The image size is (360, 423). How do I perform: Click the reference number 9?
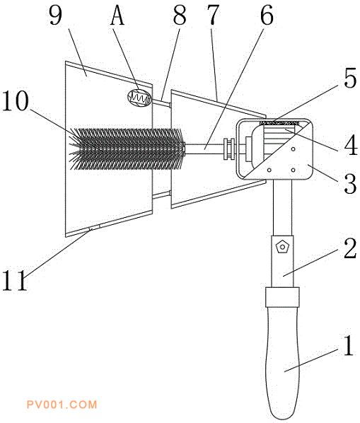[56, 16]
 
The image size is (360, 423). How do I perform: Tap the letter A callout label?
[117, 16]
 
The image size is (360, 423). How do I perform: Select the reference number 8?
[180, 16]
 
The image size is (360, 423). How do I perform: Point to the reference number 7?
[213, 16]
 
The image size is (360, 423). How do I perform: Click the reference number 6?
[267, 16]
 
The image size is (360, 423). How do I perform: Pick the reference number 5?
[351, 79]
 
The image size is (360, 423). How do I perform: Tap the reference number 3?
[351, 184]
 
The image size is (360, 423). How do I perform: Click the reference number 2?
[351, 249]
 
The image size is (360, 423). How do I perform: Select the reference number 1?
[349, 345]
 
